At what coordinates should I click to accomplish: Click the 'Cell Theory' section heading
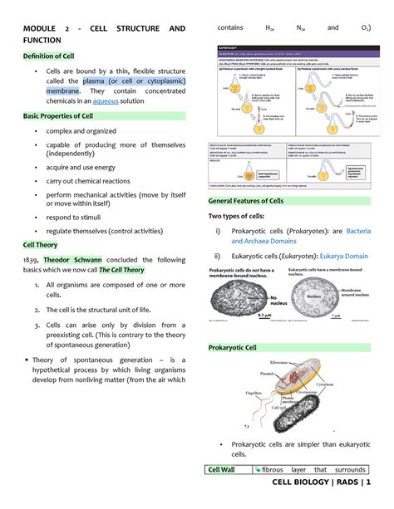pyautogui.click(x=41, y=245)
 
